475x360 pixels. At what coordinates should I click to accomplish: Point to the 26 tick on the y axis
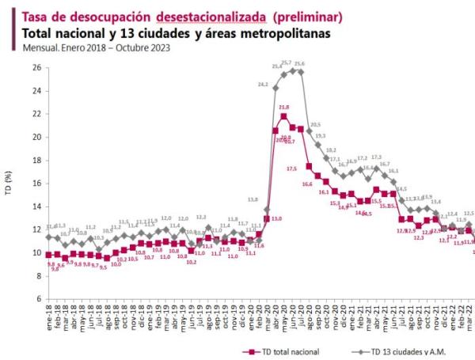click(x=36, y=67)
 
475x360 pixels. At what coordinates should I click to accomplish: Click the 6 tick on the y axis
click(x=38, y=299)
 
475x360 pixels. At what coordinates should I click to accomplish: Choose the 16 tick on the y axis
click(x=36, y=184)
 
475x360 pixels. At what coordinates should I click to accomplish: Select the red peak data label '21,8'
click(x=283, y=107)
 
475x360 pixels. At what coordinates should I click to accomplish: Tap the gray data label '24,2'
click(x=263, y=83)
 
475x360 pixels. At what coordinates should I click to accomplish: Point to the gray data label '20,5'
click(x=315, y=124)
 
